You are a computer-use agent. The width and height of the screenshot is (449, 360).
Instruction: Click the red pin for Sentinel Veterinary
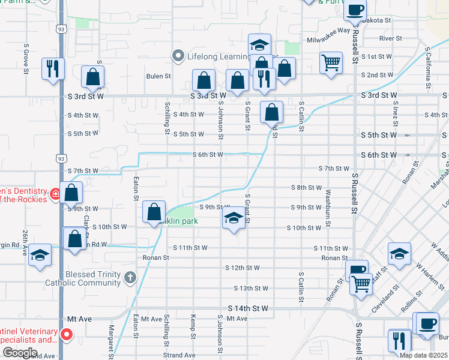pos(67,334)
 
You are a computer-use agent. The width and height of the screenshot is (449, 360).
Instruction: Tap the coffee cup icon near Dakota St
pos(355,10)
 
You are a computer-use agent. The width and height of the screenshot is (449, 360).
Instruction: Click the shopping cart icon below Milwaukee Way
pos(331,62)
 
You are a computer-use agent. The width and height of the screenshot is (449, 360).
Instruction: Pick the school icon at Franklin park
pos(234,218)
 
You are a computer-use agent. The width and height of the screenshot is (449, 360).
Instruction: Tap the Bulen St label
pos(159,76)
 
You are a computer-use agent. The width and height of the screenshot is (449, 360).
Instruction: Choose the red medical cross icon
pos(55,194)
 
